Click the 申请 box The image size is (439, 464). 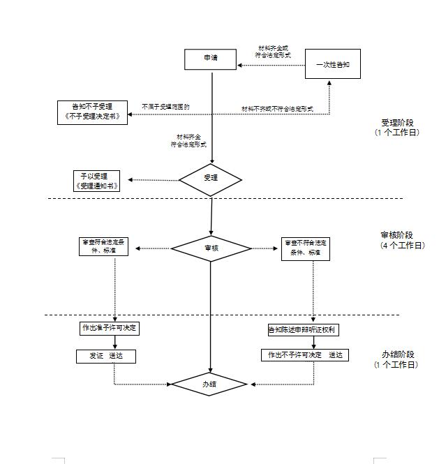coord(210,59)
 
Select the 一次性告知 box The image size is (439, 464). coord(333,64)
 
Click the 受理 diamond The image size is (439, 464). coord(210,179)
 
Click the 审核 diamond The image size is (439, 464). coord(210,248)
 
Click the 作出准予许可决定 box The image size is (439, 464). coord(109,328)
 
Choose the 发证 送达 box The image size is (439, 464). coord(105,356)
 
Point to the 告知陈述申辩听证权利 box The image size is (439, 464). coord(304,329)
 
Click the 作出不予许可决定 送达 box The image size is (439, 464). coord(304,355)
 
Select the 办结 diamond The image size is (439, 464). coord(210,384)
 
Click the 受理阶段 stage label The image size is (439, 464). coord(397,123)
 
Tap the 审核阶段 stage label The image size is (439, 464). coord(397,235)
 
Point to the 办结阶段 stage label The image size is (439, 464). coord(397,354)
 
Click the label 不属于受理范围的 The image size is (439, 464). coord(166,107)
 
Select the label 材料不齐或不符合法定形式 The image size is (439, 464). coord(277,109)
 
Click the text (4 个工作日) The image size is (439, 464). coord(402,246)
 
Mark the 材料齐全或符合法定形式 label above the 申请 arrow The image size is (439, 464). coord(273,51)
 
